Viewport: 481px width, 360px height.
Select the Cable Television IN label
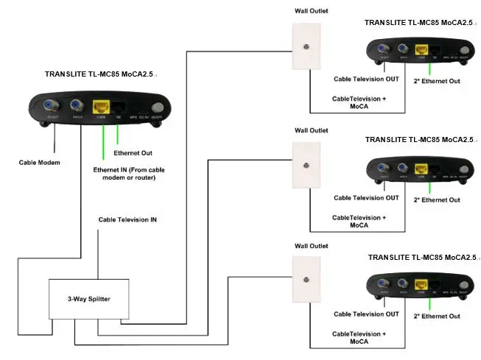(127, 219)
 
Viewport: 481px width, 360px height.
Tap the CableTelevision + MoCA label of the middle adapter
(359, 221)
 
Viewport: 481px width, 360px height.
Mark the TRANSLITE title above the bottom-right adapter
(422, 258)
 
